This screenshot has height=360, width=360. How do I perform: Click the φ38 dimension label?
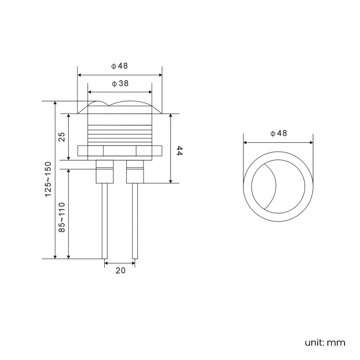pos(120,84)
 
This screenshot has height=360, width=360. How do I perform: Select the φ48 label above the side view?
pos(120,65)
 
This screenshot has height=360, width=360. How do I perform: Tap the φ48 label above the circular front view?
pos(278,133)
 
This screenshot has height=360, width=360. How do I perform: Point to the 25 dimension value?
pos(62,136)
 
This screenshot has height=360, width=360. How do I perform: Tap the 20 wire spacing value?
pos(120,270)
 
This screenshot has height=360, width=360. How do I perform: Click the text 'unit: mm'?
pos(325,342)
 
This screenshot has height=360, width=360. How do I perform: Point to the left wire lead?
pos(104,222)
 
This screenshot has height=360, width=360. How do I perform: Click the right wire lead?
pos(135,222)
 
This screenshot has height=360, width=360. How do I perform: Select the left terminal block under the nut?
pos(104,172)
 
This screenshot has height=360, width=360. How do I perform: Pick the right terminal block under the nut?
pos(135,172)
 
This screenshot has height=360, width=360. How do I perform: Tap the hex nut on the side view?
pos(120,151)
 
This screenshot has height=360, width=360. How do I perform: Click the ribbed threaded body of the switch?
pos(120,130)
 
